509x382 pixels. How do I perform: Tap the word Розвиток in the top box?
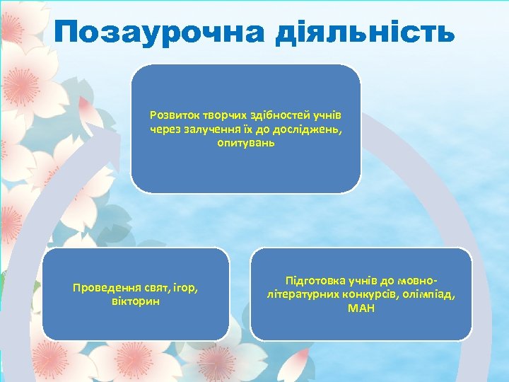point(172,115)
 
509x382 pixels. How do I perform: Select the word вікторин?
point(136,301)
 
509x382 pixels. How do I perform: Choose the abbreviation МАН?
point(361,308)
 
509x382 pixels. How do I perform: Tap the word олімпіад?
point(431,295)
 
